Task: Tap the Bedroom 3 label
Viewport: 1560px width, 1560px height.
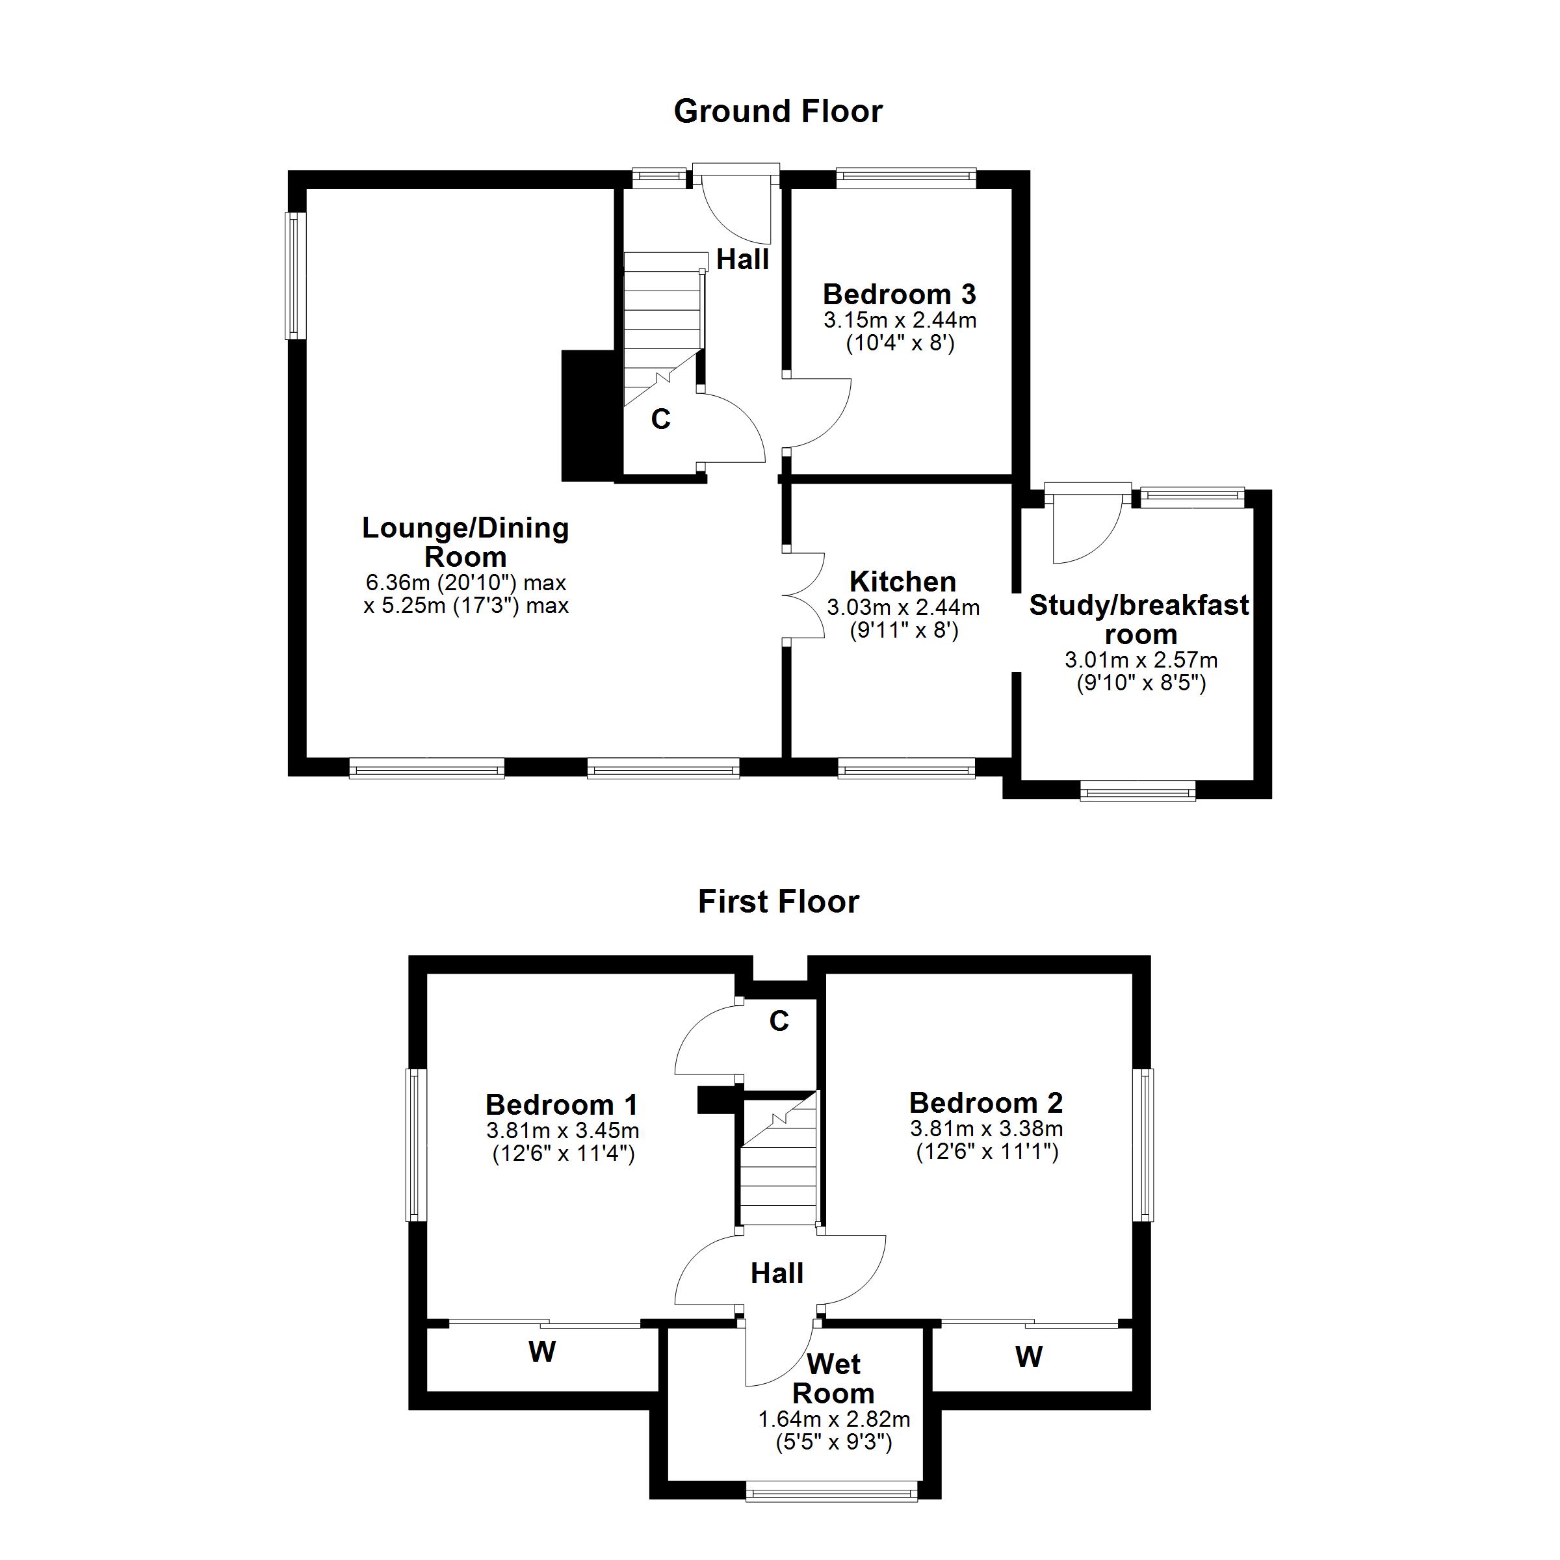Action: pos(899,294)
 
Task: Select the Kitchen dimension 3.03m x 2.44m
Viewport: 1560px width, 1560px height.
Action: pos(903,607)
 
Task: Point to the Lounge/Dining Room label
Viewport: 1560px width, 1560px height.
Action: pos(465,542)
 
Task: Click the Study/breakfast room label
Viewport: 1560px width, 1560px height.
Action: pos(1139,619)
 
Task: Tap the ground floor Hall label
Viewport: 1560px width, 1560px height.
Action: pos(742,260)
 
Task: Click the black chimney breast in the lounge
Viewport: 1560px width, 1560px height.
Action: pos(588,416)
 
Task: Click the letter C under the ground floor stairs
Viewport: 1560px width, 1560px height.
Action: pos(660,419)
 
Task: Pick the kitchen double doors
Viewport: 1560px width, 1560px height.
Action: pos(803,597)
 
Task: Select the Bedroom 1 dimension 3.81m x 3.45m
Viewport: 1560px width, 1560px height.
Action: pos(562,1130)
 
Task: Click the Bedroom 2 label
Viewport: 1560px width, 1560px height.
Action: pos(985,1102)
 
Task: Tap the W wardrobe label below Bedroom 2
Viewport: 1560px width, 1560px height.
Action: pos(1029,1357)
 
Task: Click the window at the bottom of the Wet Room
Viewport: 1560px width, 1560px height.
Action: pos(832,1491)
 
